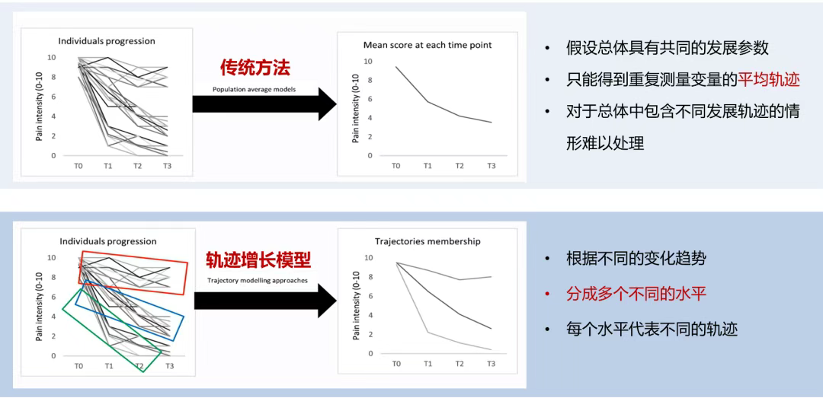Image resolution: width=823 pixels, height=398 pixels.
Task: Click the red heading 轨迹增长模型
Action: tap(258, 259)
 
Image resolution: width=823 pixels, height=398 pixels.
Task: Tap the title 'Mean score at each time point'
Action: tap(428, 45)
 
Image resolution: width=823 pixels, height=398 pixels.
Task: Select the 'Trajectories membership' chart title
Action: tap(428, 242)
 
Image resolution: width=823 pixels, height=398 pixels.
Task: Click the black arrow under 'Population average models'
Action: tap(264, 103)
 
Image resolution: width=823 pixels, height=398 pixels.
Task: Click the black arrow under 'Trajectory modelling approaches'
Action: tap(265, 301)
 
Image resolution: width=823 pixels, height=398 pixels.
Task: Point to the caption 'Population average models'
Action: tap(254, 90)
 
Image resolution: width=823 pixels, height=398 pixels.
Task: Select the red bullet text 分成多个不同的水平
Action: tap(636, 294)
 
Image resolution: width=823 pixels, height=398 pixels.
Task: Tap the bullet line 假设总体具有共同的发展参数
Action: tap(668, 48)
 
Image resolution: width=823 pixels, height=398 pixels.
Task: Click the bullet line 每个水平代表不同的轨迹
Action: tap(652, 330)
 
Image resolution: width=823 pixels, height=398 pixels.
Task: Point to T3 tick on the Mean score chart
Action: tap(492, 166)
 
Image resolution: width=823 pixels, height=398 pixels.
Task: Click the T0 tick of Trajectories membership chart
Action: tap(397, 364)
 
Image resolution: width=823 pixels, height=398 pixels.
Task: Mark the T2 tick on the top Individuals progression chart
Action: tap(137, 166)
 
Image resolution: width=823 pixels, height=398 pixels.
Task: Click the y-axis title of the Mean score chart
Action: tap(356, 108)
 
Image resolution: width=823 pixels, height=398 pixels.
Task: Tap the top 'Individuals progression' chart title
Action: tap(107, 40)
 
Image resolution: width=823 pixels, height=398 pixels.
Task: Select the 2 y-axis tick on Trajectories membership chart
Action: tap(370, 334)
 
